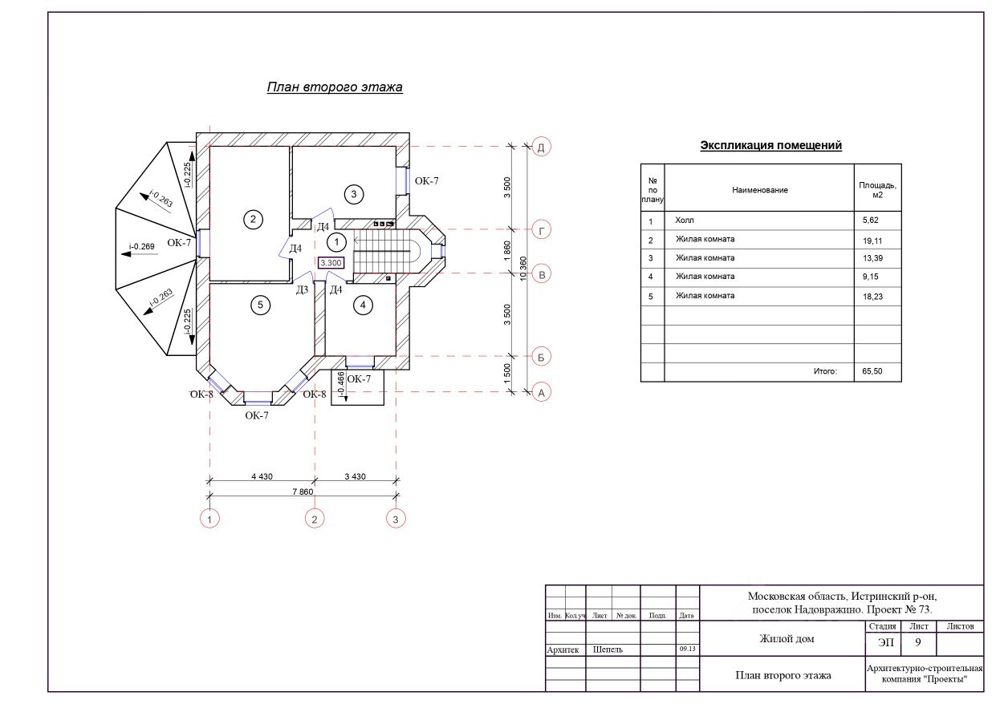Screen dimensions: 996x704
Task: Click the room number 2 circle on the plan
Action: tap(253, 220)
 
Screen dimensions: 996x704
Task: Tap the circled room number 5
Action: tap(260, 305)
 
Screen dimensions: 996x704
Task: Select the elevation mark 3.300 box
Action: tap(331, 263)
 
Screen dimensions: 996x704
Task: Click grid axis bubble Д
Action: tap(541, 147)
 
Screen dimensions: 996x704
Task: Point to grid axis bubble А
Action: tap(541, 393)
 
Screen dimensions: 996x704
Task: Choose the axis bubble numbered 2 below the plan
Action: tap(315, 519)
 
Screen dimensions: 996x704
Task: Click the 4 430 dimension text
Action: tap(262, 476)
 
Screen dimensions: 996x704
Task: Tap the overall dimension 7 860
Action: tap(303, 492)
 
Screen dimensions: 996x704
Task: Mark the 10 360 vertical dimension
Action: tap(523, 269)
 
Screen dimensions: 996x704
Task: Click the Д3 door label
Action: tap(302, 290)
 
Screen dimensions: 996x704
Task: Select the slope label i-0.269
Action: tap(141, 246)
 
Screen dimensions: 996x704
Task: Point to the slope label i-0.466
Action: tap(341, 385)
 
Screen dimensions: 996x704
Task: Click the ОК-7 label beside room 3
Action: tap(426, 180)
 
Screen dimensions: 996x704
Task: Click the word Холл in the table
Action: tap(685, 221)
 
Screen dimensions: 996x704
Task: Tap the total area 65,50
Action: tap(872, 371)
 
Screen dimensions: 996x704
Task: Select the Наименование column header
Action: tap(760, 190)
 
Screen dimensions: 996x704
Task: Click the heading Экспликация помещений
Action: tap(771, 145)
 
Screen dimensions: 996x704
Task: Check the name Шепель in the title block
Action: tap(608, 649)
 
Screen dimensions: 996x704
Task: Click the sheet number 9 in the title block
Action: tap(917, 642)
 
